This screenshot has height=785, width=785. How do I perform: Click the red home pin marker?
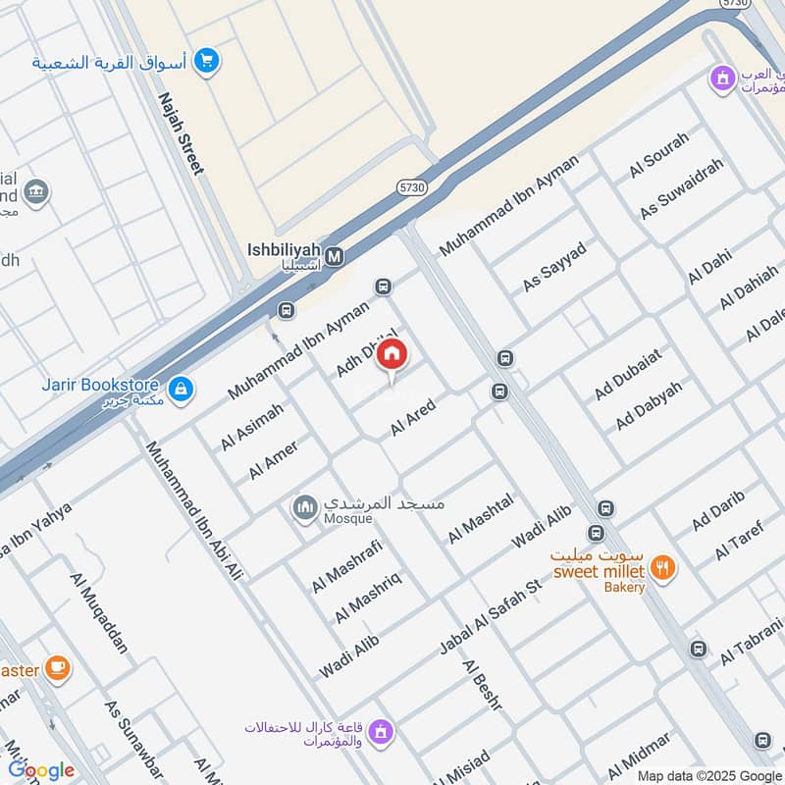pos(392,355)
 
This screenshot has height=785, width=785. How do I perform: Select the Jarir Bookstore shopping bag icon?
pos(181,390)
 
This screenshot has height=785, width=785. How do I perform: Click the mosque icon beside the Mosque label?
pos(304,507)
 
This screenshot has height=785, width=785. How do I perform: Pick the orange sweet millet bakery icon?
pos(664,568)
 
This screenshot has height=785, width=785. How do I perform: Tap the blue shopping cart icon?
pos(205,62)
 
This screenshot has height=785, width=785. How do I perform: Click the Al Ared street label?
pos(412,418)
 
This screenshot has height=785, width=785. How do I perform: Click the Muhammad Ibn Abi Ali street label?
pos(193,510)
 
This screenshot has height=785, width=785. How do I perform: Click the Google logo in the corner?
pos(41,770)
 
